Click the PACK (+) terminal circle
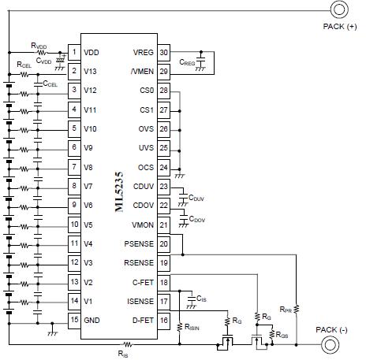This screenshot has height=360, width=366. coord(339,9)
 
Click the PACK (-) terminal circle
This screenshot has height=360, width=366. coord(330,345)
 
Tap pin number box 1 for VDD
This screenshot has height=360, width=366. coord(74,52)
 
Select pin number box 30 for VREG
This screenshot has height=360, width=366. coord(163,53)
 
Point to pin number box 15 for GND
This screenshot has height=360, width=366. coord(74,321)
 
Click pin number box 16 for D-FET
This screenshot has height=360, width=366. coord(163,321)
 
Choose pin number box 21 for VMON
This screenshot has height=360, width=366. coord(163,225)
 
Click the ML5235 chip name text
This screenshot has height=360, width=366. coord(119,191)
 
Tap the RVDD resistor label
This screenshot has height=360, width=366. coord(39,46)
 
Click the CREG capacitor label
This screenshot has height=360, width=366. coord(187,62)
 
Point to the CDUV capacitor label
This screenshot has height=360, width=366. coord(196,198)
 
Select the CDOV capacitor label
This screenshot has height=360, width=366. coord(197,219)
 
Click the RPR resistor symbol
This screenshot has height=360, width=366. coord(297,309)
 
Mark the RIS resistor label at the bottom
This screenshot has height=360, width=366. coord(123,354)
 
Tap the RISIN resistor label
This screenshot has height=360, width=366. coord(192,327)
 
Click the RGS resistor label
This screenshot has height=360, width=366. coord(282,335)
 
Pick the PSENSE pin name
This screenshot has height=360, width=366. coord(139,244)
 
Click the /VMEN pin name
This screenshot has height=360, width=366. coord(142,72)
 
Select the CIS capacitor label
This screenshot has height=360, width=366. coord(201,299)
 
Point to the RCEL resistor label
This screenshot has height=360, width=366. coord(24,65)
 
